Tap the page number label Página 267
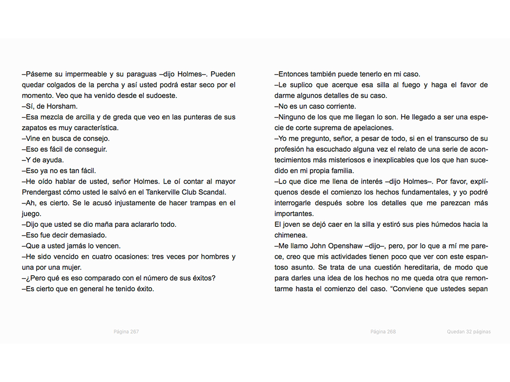pyautogui.click(x=126, y=332)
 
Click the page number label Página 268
pyautogui.click(x=383, y=332)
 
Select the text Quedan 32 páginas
pyautogui.click(x=468, y=332)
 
